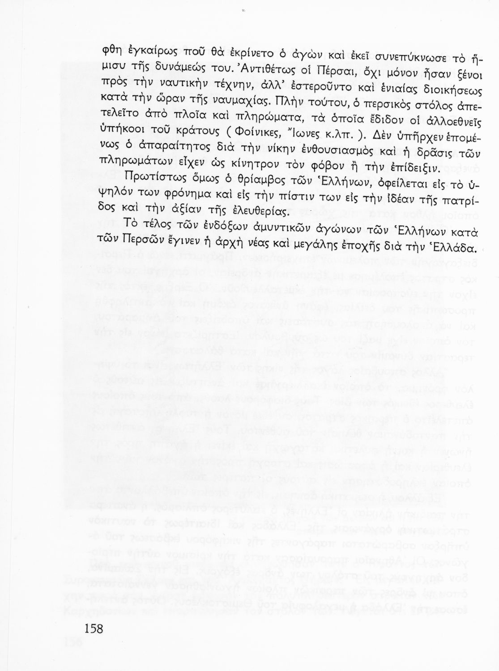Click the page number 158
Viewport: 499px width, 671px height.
[94, 629]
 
